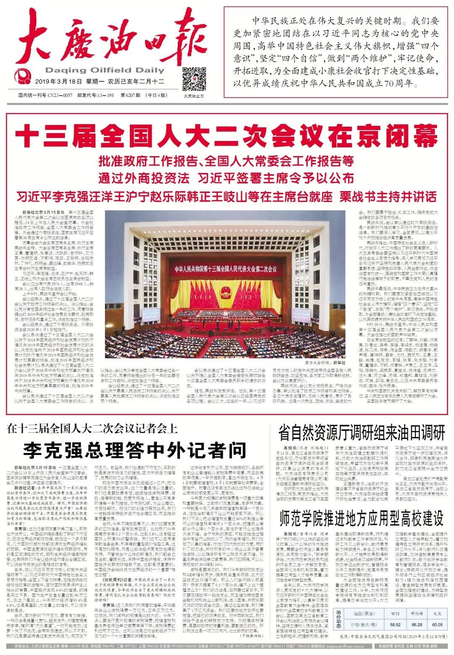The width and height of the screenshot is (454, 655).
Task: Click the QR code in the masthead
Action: (x=193, y=77)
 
